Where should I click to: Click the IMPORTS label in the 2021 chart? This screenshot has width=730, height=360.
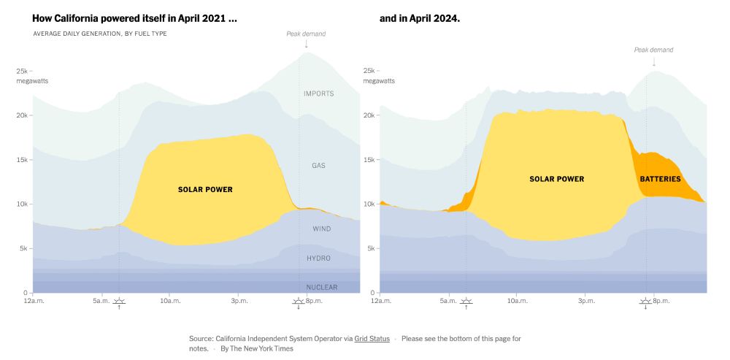coord(318,93)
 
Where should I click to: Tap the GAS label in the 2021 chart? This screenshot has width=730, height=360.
coord(318,166)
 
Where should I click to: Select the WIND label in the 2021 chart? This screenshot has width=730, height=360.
coord(321,229)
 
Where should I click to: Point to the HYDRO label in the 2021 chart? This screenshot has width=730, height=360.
coord(318,258)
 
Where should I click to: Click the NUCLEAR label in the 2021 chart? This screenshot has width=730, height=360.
coord(321,287)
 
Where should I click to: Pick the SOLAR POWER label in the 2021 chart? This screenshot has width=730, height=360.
coord(205,190)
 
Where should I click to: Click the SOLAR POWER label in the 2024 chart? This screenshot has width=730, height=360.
coord(556,179)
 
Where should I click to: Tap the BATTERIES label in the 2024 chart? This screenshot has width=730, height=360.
coord(660,179)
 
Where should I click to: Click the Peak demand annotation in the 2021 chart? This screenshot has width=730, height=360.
coord(306,34)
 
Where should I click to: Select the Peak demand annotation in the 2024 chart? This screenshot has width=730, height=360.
coord(653,50)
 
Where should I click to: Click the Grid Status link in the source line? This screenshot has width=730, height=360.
coord(372,339)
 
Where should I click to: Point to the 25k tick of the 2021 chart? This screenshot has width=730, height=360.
coord(23,72)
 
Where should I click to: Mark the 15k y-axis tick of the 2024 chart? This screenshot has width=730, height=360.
coord(370,160)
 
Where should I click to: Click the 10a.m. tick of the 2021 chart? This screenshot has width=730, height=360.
coord(170,301)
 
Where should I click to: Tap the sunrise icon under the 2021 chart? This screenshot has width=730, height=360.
coord(120,301)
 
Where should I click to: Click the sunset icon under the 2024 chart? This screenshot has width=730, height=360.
coord(645,301)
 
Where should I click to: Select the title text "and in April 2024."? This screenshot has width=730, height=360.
coord(420,18)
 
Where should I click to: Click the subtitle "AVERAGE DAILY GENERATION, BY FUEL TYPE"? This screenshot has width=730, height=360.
coord(100,34)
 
